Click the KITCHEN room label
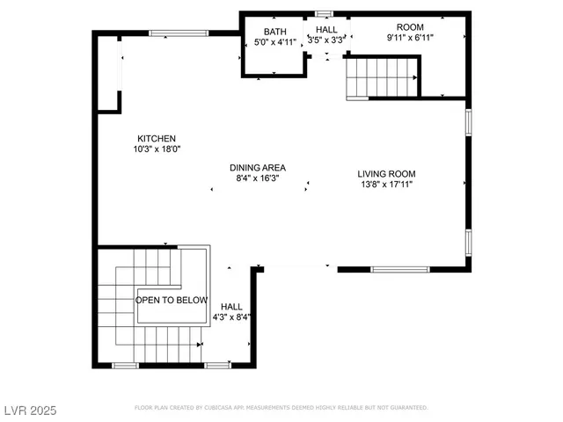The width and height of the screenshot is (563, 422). click(157, 138)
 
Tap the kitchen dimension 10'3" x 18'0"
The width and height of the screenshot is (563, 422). click(157, 149)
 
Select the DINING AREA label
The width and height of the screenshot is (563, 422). click(258, 168)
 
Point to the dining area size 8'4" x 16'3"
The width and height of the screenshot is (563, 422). click(258, 178)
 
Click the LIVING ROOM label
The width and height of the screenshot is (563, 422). click(386, 173)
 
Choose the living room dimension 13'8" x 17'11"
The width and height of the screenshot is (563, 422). click(386, 185)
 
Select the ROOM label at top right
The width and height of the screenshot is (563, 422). click(410, 27)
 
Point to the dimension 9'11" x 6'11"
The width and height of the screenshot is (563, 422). click(410, 39)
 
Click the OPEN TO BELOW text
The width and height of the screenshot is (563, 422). click(172, 300)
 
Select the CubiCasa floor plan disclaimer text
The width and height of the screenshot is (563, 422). click(281, 408)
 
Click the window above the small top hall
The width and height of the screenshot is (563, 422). click(325, 13)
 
